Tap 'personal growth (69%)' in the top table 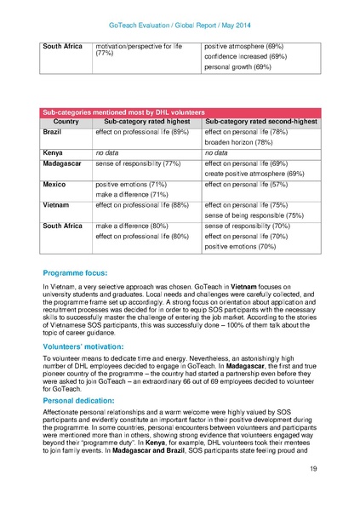(x=237, y=66)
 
